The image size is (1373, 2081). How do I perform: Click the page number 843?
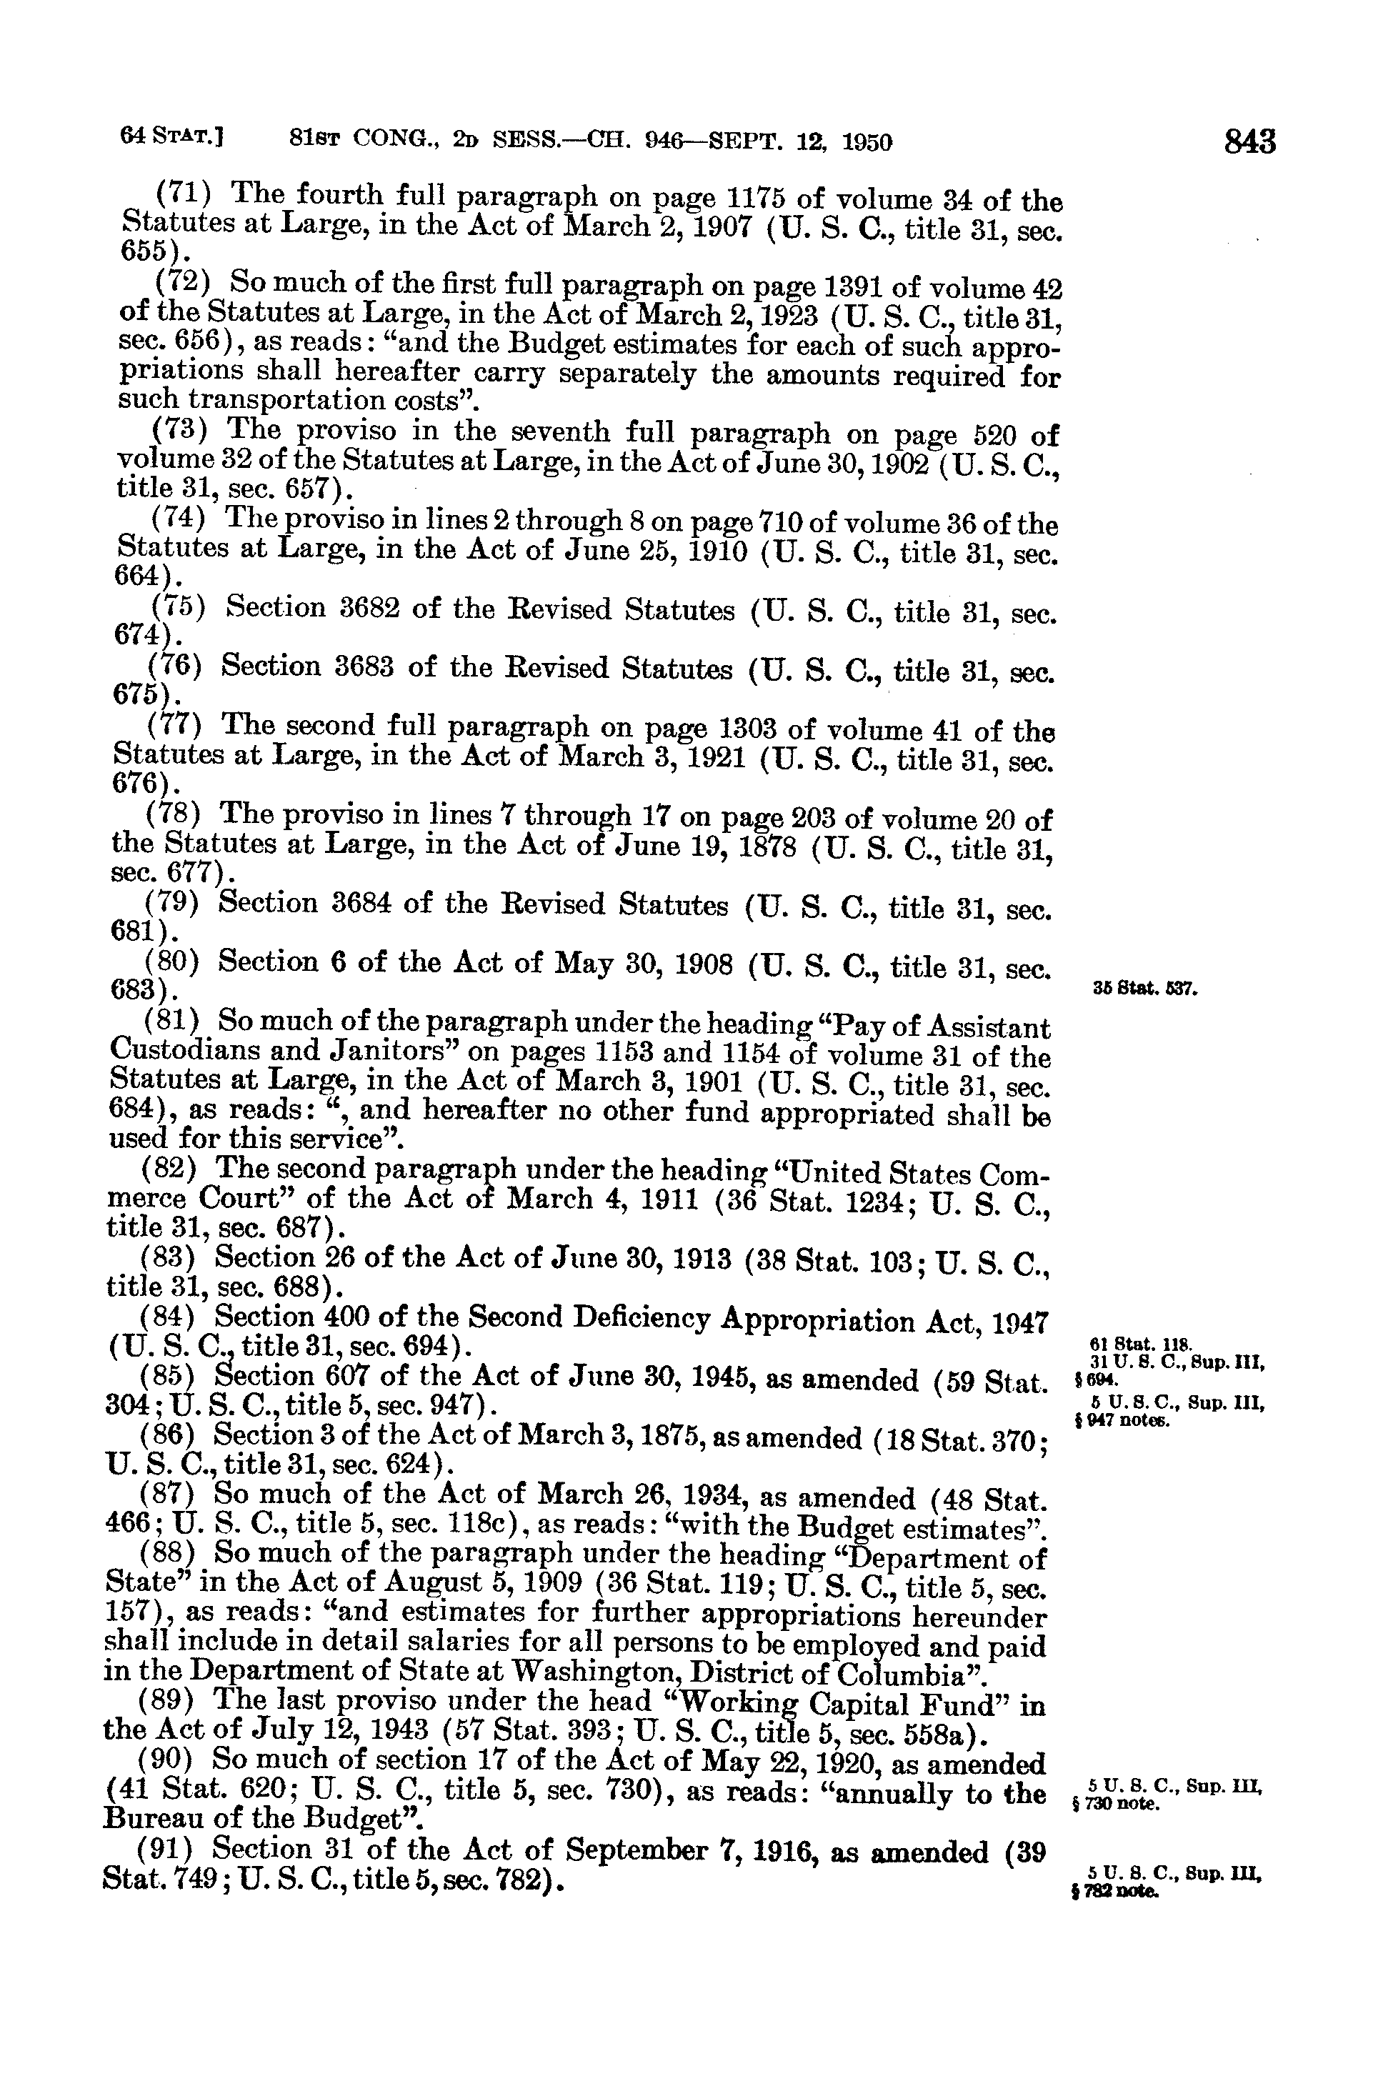coord(1249,141)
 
